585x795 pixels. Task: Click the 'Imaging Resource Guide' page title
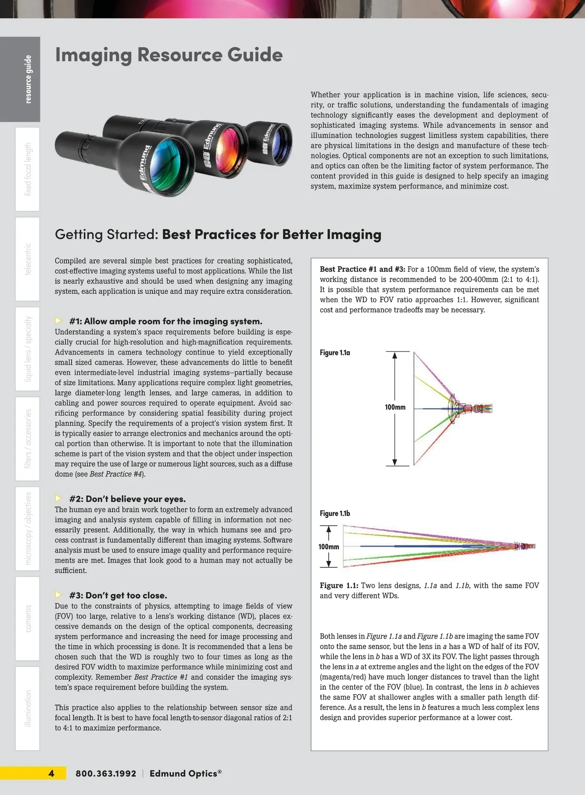tap(169, 55)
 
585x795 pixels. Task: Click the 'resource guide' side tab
tap(28, 79)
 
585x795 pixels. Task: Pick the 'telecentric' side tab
tap(28, 259)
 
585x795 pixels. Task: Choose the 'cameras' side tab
tap(28, 618)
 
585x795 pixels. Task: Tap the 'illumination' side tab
tap(28, 708)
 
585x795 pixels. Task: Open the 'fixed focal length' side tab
tap(28, 169)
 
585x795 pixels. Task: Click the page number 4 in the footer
tap(51, 773)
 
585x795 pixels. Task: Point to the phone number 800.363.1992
tap(106, 774)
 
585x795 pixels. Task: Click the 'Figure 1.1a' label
tap(335, 352)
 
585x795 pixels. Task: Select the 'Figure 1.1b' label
tap(335, 513)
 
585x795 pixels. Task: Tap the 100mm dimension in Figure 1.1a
tap(395, 407)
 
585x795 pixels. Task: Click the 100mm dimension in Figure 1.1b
tap(329, 546)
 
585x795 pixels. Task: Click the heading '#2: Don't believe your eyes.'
tap(127, 499)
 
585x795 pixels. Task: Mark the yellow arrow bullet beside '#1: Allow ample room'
tap(58, 321)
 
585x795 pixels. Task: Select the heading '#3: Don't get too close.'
tap(118, 595)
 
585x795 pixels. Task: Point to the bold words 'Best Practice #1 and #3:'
tap(362, 269)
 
